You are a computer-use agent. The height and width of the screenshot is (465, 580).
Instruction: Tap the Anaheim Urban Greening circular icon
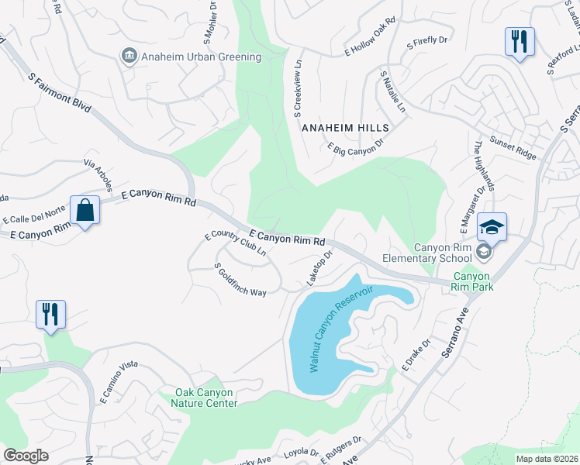(129, 56)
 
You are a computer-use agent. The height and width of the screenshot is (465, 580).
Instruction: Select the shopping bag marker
(85, 210)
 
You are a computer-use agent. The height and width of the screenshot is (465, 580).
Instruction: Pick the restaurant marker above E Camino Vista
(50, 314)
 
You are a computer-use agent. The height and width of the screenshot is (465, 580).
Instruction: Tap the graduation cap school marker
(492, 227)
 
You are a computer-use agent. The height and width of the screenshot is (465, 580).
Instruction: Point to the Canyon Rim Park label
(472, 281)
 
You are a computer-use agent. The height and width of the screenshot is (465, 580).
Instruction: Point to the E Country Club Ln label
(236, 244)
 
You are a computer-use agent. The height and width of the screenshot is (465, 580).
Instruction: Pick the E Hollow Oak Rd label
(370, 45)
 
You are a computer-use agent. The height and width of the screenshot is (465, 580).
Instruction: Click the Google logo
(26, 455)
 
